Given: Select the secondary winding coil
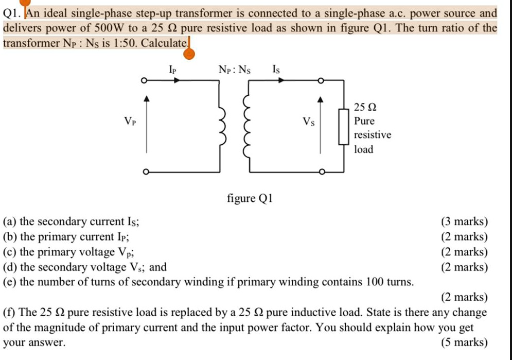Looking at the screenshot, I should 247,127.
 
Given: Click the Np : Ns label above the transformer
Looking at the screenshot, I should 235,68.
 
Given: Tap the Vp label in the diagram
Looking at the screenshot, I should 130,122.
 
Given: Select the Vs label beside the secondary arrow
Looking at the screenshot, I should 309,122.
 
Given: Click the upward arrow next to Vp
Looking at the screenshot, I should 147,124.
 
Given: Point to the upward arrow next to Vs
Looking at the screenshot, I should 322,124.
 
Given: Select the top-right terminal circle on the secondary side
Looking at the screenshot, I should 321,80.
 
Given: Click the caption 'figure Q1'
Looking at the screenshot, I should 249,198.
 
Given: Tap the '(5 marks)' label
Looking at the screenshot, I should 464,342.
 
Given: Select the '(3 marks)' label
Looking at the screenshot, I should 464,222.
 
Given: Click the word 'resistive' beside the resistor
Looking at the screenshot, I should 373,135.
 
